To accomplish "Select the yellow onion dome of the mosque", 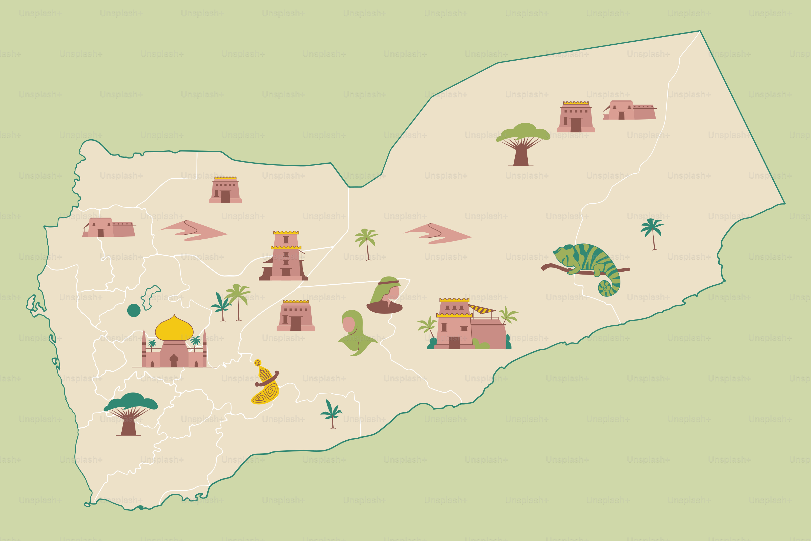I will click(x=174, y=329).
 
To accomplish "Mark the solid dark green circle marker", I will click(x=134, y=310).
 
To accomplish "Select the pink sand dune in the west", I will click(x=193, y=230).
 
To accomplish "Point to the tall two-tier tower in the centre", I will click(x=285, y=256).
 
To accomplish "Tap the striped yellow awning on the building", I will click(x=482, y=309).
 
